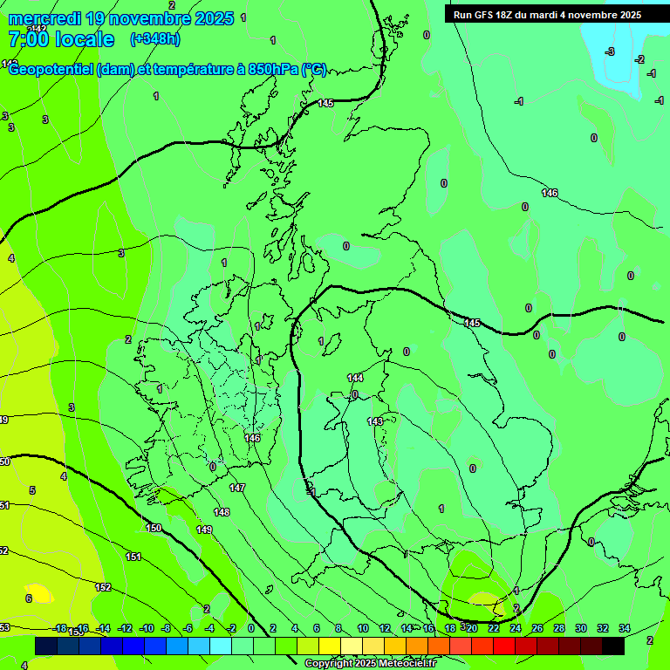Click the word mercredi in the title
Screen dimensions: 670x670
(44, 18)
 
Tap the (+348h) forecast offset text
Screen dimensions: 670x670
(154, 38)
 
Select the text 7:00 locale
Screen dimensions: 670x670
(61, 39)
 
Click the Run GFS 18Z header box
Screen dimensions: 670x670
(547, 14)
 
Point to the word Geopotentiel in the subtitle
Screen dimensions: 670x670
(52, 70)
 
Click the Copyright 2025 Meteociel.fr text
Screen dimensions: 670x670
(370, 664)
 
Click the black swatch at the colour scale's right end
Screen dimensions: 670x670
(612, 645)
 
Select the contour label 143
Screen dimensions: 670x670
(375, 421)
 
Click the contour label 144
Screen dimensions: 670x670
(355, 378)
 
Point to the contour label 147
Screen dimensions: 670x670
(237, 488)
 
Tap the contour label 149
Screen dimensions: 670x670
(204, 530)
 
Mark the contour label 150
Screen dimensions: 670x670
(154, 528)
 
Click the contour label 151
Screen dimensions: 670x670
(133, 557)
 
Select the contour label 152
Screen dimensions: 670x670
(103, 587)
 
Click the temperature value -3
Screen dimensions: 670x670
(610, 52)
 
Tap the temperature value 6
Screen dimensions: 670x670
(28, 598)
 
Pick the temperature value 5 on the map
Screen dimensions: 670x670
(32, 490)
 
